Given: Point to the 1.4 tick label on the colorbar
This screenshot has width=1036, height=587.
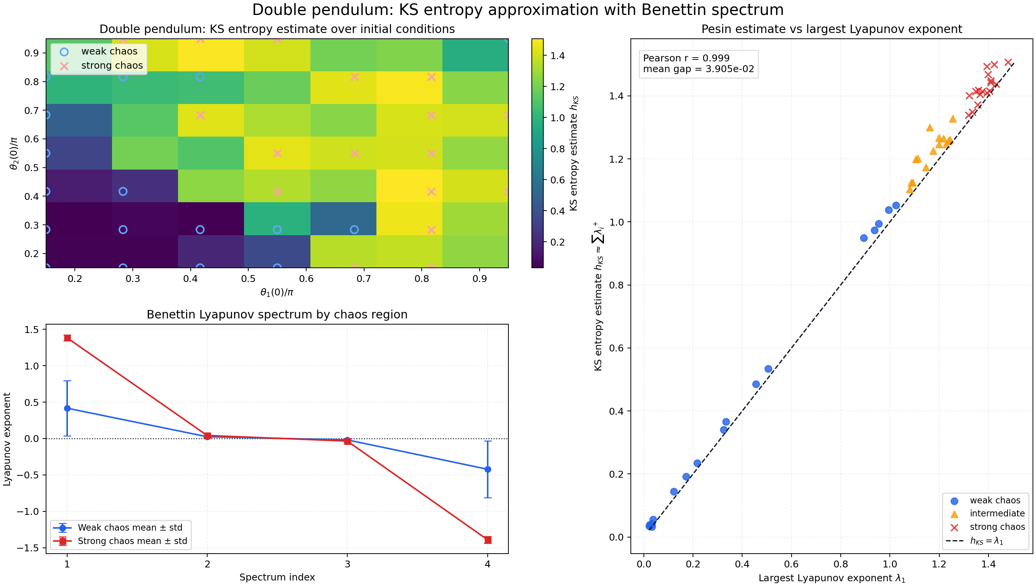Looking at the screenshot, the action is (x=558, y=56).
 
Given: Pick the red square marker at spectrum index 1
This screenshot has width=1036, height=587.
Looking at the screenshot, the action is (x=67, y=338).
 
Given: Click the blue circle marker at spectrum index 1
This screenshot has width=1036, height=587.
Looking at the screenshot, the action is (x=67, y=408).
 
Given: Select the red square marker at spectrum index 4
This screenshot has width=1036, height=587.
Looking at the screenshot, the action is (x=488, y=540).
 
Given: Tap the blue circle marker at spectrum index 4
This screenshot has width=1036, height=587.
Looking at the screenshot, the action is (x=488, y=469).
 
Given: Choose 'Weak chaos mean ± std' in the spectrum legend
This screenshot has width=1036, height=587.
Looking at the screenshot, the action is (x=130, y=527).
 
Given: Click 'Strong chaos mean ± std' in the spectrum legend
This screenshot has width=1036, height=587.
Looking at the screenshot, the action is (x=132, y=541).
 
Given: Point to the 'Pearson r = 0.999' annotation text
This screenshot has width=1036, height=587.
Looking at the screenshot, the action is (x=686, y=58).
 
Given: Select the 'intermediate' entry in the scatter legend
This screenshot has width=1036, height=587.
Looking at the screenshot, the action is (x=997, y=513).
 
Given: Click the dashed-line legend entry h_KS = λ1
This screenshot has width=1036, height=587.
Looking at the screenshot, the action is (x=987, y=541).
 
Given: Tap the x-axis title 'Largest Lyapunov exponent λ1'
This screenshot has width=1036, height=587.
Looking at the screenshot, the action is (x=832, y=578).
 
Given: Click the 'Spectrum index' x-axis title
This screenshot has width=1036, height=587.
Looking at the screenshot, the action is (x=277, y=577).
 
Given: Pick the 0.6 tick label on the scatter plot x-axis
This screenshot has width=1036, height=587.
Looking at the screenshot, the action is (x=791, y=564).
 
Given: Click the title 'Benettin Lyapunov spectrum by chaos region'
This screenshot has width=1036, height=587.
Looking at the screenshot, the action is (x=277, y=315).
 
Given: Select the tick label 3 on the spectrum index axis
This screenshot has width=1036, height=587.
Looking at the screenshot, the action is (x=348, y=564).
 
